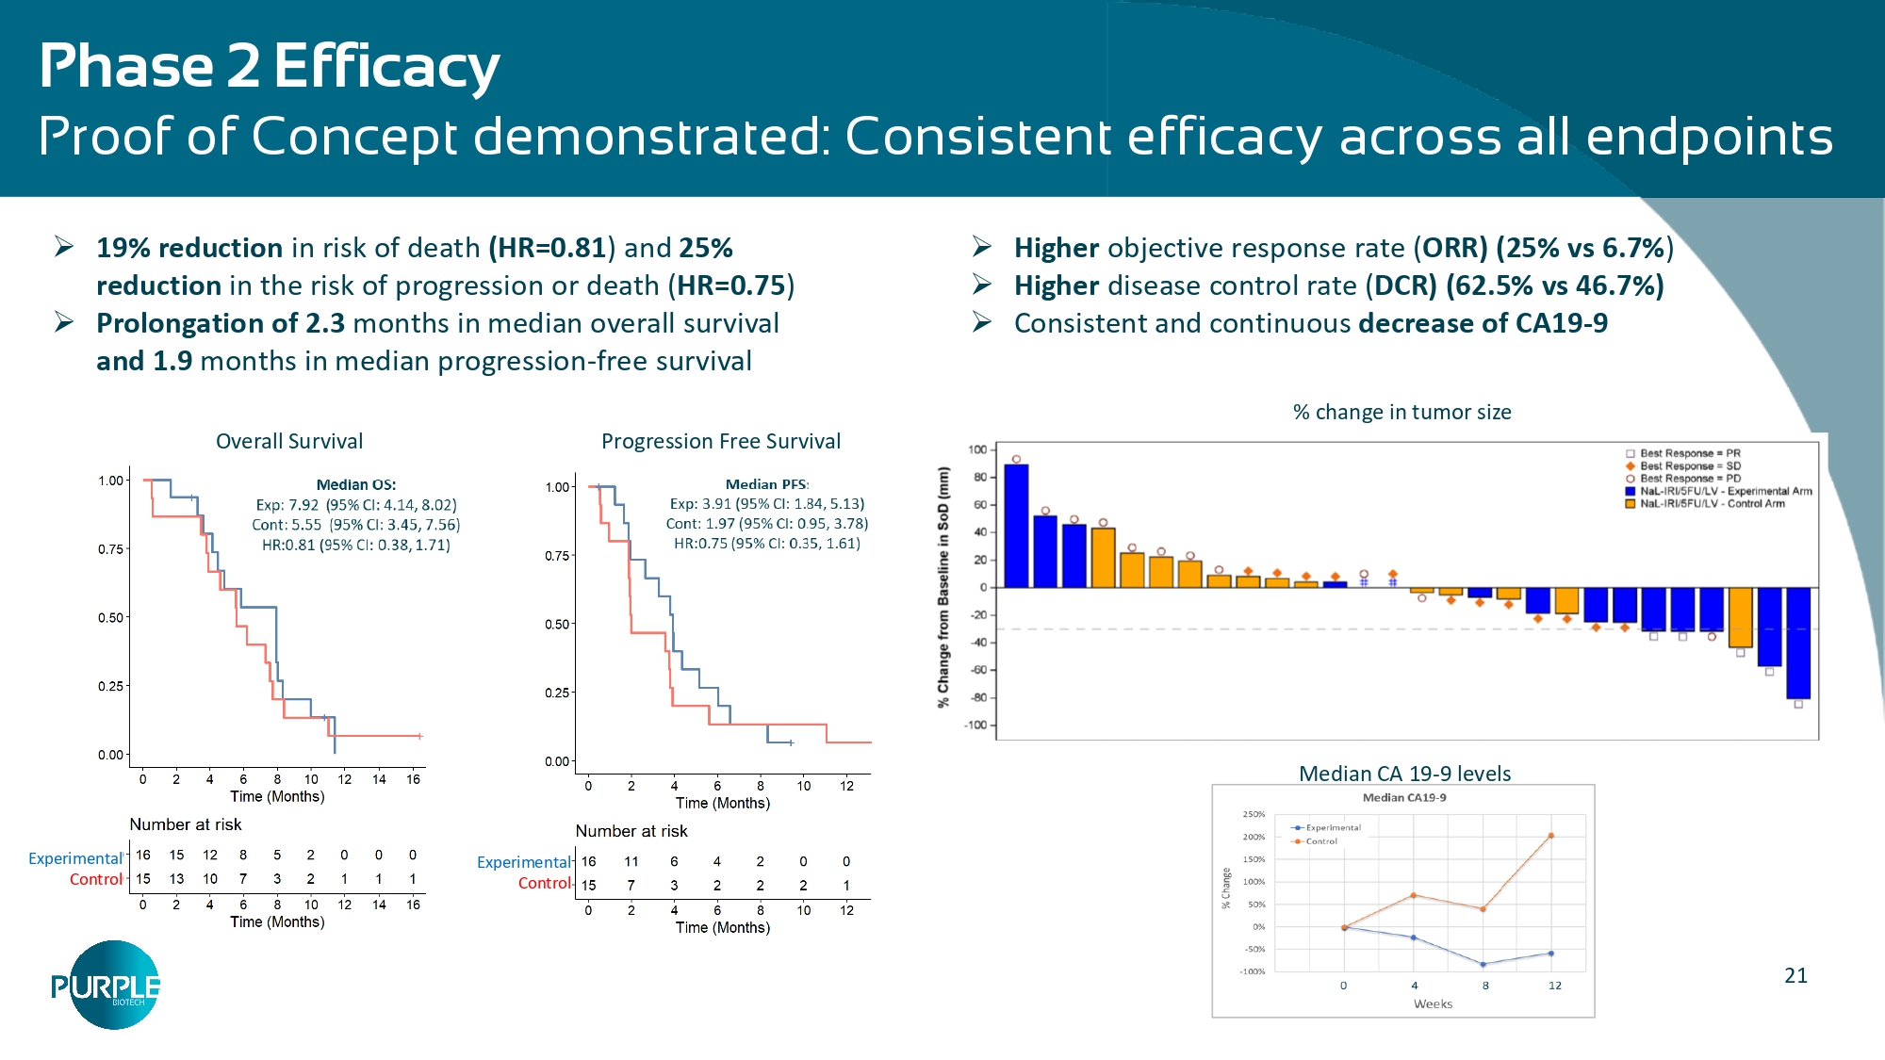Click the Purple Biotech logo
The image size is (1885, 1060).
coord(106,986)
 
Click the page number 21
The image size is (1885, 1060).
coord(1795,976)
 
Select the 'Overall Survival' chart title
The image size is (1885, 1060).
coord(289,441)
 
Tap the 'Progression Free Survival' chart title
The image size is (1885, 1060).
coord(721,441)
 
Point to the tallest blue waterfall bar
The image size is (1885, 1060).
coord(1016,526)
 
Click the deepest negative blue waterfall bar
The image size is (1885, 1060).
coord(1797,643)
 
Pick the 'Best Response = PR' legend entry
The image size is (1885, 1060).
coord(1689,453)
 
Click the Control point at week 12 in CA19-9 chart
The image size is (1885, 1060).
coord(1550,836)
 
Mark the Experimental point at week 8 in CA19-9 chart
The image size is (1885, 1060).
coord(1483,965)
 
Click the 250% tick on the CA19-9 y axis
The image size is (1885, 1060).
coord(1254,814)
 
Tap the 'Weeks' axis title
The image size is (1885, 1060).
coord(1433,1004)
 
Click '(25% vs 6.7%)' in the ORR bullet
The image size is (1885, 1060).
coord(1584,248)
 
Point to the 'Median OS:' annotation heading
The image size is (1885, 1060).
coord(356,484)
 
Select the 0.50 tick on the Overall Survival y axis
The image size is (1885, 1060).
coord(111,617)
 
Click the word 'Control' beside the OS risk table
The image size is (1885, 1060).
coord(95,879)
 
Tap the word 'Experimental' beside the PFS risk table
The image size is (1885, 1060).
coord(524,862)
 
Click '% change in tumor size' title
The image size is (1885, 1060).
coord(1401,412)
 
